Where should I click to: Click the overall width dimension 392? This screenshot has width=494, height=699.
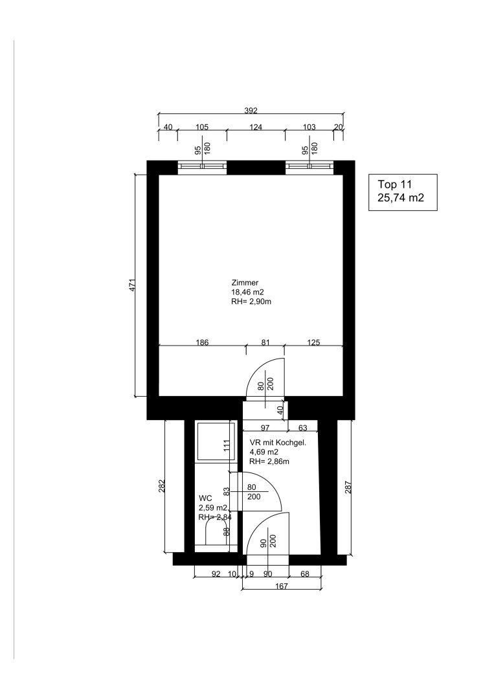click(251, 111)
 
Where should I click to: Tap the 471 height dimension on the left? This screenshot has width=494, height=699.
click(132, 286)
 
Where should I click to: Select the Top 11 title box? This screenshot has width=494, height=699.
click(403, 192)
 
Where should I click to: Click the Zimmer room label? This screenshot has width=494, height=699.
click(245, 283)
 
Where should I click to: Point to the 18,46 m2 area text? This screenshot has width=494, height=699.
click(247, 293)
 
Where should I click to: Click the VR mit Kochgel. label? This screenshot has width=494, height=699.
click(278, 443)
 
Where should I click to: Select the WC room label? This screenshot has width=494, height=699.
click(205, 498)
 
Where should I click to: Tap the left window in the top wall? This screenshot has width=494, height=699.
click(203, 166)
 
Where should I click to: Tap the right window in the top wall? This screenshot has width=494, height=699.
click(309, 166)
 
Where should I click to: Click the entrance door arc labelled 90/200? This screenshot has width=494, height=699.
click(257, 524)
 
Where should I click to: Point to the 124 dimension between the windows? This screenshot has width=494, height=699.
click(256, 127)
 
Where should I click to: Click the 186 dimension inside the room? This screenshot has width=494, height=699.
click(203, 343)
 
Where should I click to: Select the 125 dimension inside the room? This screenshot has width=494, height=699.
click(314, 343)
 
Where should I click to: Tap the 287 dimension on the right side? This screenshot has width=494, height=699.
click(348, 486)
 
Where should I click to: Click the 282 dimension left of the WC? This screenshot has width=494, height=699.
click(162, 486)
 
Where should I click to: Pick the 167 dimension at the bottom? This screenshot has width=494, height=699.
click(282, 586)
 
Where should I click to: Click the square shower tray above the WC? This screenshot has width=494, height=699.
click(215, 441)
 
